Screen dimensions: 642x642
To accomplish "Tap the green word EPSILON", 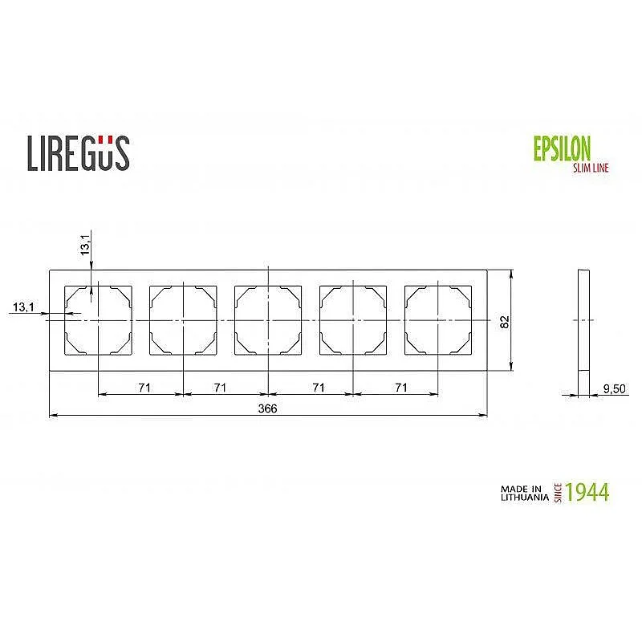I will click(562, 148).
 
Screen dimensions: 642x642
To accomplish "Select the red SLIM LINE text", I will click(590, 167).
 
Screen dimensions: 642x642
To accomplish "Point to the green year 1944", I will click(587, 492).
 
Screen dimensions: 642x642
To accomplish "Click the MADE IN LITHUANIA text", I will click(525, 492).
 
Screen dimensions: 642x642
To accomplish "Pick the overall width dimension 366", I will click(267, 408).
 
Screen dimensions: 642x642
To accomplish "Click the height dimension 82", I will click(504, 321).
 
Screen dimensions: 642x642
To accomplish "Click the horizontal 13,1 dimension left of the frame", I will click(23, 307).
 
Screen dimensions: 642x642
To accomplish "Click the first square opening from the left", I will click(98, 320).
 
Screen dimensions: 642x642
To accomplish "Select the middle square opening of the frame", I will click(268, 320).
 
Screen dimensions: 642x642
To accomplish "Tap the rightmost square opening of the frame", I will click(438, 320).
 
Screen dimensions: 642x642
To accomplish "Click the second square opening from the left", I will click(183, 320).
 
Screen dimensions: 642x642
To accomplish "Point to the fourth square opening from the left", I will click(353, 320).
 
